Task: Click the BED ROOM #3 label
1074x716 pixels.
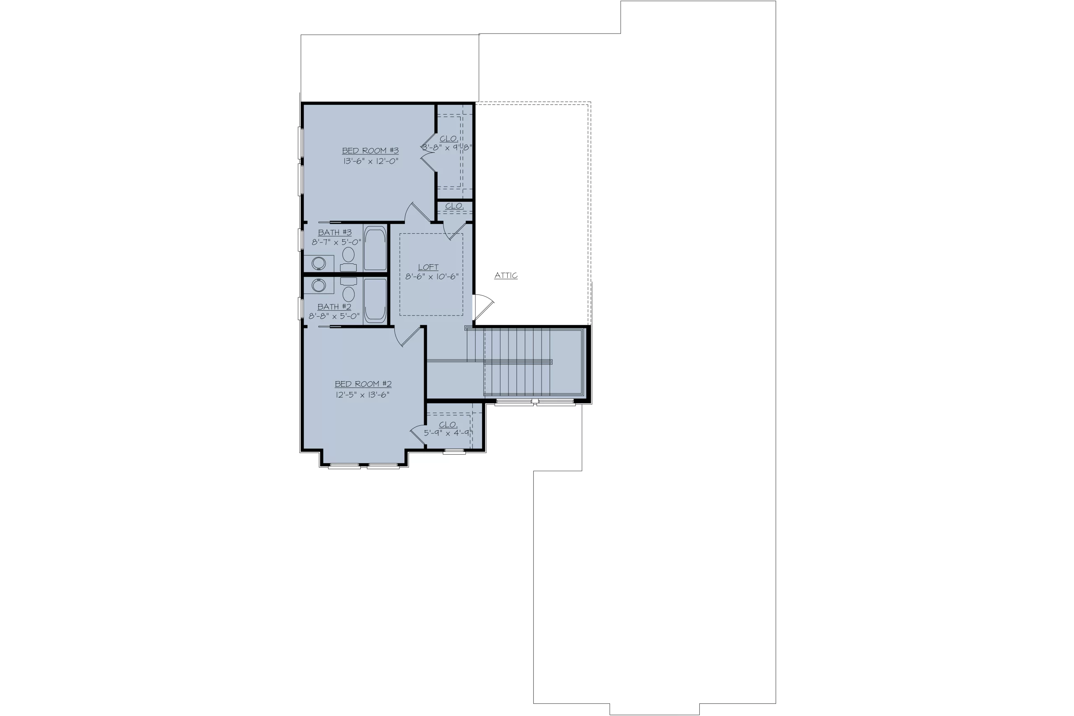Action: pyautogui.click(x=370, y=151)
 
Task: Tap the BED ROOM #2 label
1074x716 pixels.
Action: pyautogui.click(x=363, y=384)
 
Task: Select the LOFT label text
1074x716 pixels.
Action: pyautogui.click(x=428, y=267)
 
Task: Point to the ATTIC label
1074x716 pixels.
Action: pyautogui.click(x=506, y=275)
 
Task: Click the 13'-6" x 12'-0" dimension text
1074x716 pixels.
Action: pyautogui.click(x=371, y=161)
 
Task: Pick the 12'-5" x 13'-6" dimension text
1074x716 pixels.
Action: pyautogui.click(x=362, y=395)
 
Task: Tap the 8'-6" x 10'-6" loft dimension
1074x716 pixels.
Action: pyautogui.click(x=432, y=277)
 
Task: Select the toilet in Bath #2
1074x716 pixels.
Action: pyautogui.click(x=348, y=289)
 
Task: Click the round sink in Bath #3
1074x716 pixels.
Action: pyautogui.click(x=319, y=263)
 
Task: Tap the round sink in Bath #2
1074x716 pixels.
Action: pyautogui.click(x=319, y=285)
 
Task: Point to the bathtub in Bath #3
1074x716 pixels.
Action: pyautogui.click(x=375, y=248)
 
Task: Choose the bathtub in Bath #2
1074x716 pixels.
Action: pyautogui.click(x=375, y=300)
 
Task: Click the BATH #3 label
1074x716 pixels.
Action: pyautogui.click(x=335, y=232)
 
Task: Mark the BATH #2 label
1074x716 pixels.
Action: pyautogui.click(x=334, y=307)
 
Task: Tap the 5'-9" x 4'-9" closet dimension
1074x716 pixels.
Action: pyautogui.click(x=448, y=433)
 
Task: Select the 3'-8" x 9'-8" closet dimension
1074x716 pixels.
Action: pyautogui.click(x=446, y=148)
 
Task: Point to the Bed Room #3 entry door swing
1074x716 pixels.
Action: pyautogui.click(x=417, y=213)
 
